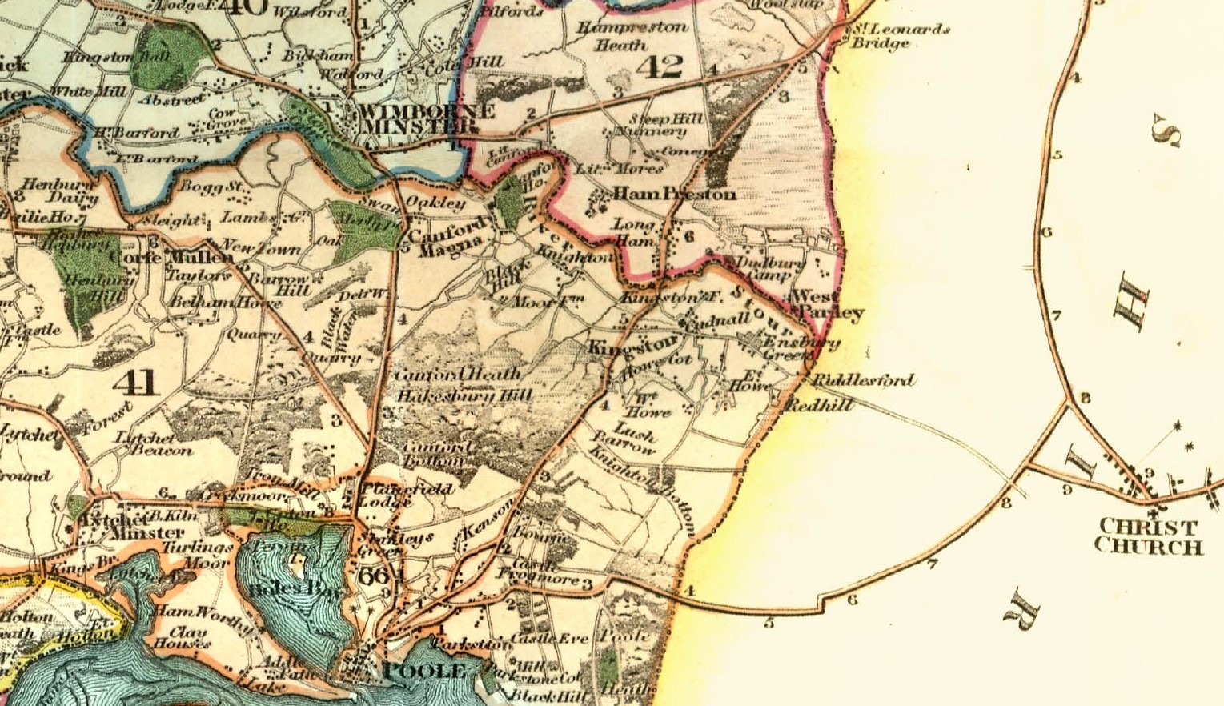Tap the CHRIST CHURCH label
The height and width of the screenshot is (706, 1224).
1148,537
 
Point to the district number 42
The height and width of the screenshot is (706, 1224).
660,66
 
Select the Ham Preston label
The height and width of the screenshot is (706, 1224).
674,194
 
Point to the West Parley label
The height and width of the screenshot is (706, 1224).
827,305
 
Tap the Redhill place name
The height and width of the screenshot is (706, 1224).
820,406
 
